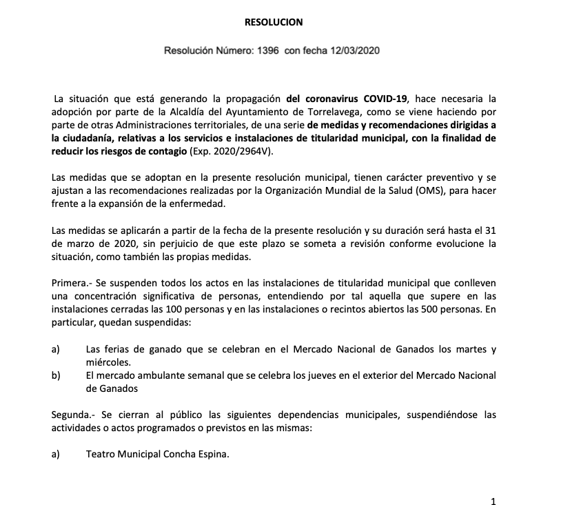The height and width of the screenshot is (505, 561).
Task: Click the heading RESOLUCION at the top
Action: point(274,22)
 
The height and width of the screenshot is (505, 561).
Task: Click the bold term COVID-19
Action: point(382,99)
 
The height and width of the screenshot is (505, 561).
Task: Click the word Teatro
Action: point(101,454)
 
